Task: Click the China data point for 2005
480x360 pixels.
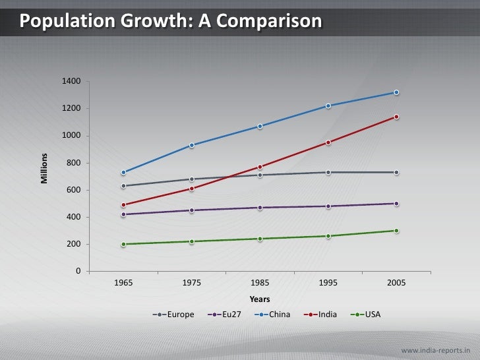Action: pyautogui.click(x=396, y=92)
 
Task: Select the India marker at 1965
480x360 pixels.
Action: pyautogui.click(x=123, y=204)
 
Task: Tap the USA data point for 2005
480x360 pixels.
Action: pyautogui.click(x=396, y=231)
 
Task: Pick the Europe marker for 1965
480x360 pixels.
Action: pyautogui.click(x=123, y=186)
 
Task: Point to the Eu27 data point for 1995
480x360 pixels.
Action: pyautogui.click(x=328, y=206)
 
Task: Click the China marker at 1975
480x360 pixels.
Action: pyautogui.click(x=192, y=145)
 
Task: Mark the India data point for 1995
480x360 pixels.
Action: pyautogui.click(x=328, y=142)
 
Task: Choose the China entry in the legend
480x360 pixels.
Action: pyautogui.click(x=276, y=315)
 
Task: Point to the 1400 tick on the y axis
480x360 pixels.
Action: pyautogui.click(x=71, y=81)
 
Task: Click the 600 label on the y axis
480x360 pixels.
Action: pyautogui.click(x=73, y=190)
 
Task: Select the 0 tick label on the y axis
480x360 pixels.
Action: pyautogui.click(x=78, y=271)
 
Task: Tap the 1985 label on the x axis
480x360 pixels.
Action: pyautogui.click(x=260, y=283)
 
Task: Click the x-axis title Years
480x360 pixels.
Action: pyautogui.click(x=260, y=299)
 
